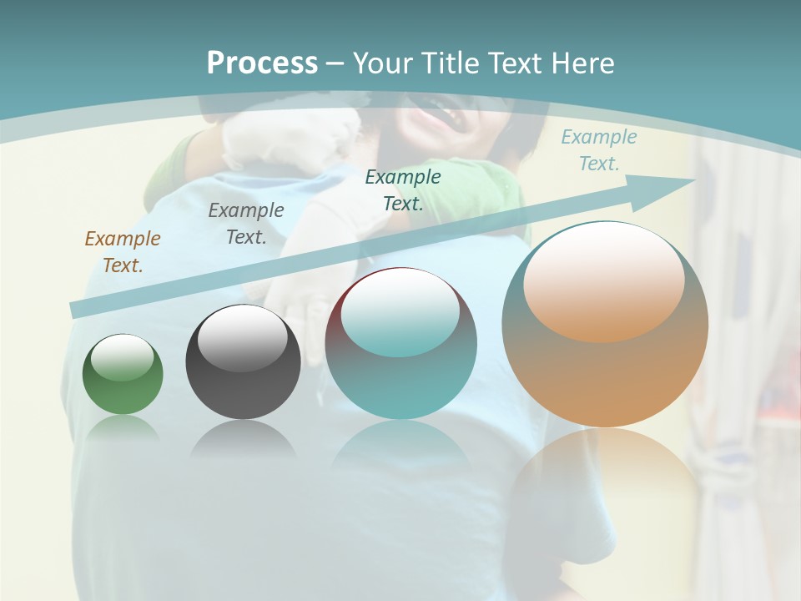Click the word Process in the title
point(262,63)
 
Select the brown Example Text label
point(123,251)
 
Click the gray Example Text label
point(246,223)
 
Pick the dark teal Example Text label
point(403,189)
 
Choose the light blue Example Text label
point(598,150)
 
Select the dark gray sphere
point(243,363)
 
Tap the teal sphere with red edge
point(400,344)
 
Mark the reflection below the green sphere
point(123,429)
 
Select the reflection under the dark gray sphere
point(243,438)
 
